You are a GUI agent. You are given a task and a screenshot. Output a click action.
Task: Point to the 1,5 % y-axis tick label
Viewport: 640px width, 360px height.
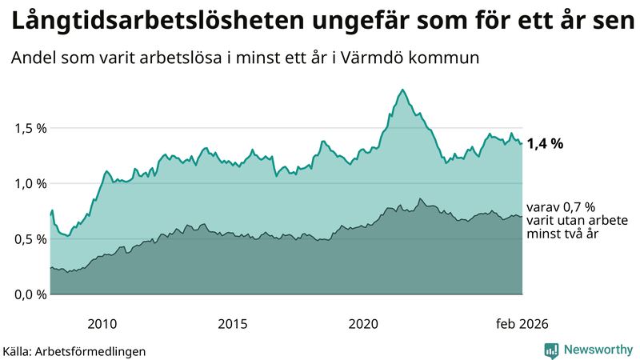tap(30, 128)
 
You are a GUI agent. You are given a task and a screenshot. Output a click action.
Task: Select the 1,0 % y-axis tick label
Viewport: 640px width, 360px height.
tap(30, 183)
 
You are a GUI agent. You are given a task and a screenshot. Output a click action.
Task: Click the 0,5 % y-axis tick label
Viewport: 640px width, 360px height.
tap(30, 238)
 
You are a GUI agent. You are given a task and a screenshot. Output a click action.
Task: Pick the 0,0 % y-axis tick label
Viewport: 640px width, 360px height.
tap(30, 294)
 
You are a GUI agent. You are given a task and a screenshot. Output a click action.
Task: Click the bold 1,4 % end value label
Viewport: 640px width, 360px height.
tap(545, 144)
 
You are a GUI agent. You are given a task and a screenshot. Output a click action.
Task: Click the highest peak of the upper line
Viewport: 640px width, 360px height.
tap(402, 90)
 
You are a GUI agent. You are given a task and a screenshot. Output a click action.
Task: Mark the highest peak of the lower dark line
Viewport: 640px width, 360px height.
tap(420, 198)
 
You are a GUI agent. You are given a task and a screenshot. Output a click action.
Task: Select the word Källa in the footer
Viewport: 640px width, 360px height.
tap(18, 350)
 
